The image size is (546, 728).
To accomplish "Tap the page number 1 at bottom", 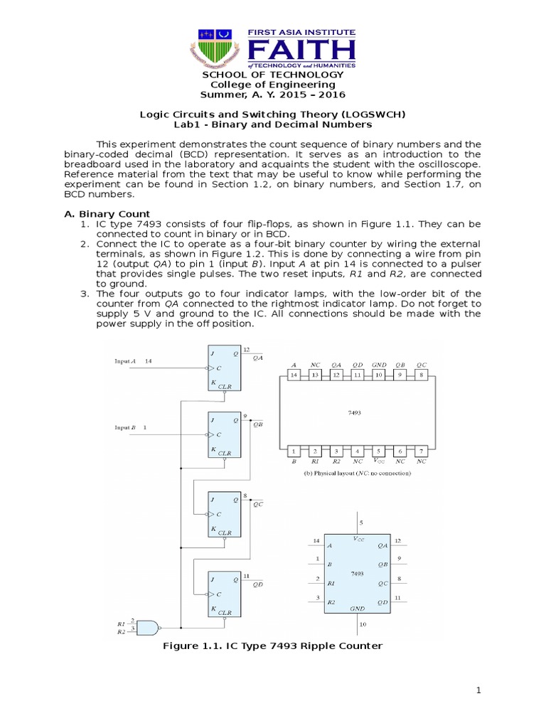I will (479, 690).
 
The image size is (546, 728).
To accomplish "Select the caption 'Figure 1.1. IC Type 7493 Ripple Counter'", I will (273, 646).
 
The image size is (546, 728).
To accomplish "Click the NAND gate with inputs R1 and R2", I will (146, 627).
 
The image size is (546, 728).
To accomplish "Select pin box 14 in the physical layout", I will (294, 375).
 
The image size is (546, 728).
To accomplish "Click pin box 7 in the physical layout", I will (422, 451).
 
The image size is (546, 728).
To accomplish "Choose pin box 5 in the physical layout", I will (380, 451).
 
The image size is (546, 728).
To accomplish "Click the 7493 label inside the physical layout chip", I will (358, 412).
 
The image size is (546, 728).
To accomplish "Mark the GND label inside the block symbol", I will (357, 609).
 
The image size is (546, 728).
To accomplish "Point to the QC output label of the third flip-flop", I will (257, 503).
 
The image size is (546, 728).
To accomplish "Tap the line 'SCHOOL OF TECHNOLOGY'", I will (273, 75).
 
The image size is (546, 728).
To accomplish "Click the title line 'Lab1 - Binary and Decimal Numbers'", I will (273, 124).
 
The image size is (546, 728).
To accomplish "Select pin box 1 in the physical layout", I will (294, 451).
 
